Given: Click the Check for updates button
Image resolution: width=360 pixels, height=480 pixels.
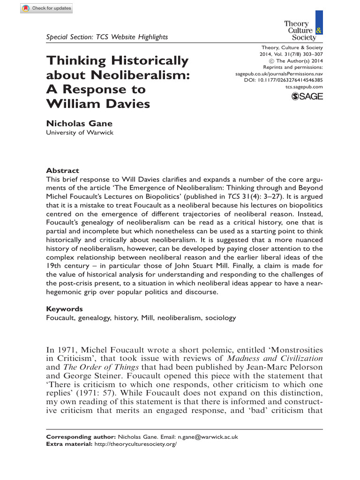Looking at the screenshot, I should point(46,8).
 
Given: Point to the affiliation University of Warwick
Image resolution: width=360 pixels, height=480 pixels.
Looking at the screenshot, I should point(79,133).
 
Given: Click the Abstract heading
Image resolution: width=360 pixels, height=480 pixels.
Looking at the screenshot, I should point(62,171).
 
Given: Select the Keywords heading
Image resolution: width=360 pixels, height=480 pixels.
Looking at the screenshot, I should point(64,309).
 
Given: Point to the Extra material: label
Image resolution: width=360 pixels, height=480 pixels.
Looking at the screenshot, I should point(67,443).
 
